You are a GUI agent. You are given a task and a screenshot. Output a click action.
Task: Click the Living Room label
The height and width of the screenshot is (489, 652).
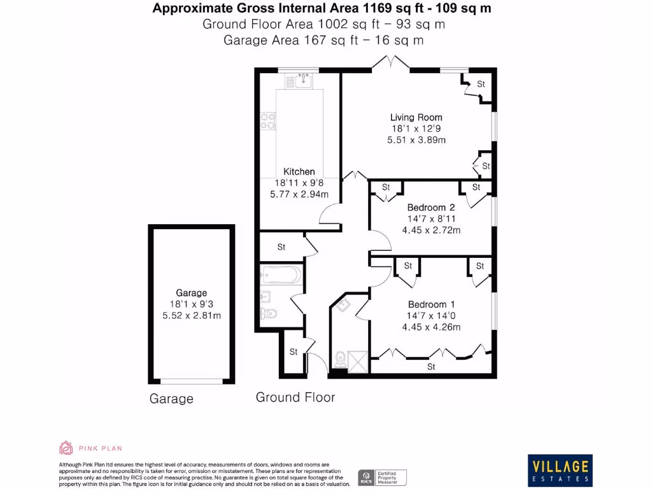click(416, 117)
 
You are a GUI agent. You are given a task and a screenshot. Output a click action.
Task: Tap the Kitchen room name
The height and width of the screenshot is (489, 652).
click(299, 171)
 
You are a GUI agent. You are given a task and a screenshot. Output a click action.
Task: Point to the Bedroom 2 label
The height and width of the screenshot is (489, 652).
click(431, 208)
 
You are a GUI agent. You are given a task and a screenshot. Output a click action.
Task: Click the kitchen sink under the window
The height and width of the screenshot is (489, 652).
click(302, 80)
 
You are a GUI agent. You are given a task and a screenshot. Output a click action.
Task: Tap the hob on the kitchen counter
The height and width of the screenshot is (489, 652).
click(267, 121)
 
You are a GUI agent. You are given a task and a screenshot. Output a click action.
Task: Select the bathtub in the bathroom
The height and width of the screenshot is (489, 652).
click(281, 275)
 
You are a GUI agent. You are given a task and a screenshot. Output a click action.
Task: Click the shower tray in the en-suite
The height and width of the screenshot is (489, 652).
click(358, 360)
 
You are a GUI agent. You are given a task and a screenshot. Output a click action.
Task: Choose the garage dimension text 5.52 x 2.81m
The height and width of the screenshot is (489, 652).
click(191, 316)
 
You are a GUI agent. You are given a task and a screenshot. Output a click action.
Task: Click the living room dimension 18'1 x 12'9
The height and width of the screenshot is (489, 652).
click(416, 129)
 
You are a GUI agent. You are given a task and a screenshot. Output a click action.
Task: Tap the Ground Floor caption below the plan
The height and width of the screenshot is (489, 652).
click(295, 397)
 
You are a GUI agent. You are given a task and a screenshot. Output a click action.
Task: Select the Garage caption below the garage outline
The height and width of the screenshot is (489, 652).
click(171, 399)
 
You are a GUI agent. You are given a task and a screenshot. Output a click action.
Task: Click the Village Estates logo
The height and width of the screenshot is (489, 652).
click(560, 471)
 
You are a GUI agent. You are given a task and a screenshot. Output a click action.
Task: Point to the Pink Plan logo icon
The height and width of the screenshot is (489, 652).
click(66, 448)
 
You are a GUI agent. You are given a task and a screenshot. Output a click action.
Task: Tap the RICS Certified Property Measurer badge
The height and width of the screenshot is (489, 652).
click(382, 477)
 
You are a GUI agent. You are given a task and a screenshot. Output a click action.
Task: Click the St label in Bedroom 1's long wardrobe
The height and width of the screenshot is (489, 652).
click(431, 367)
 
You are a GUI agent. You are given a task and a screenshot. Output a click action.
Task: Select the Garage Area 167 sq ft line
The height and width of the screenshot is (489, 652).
click(323, 40)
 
